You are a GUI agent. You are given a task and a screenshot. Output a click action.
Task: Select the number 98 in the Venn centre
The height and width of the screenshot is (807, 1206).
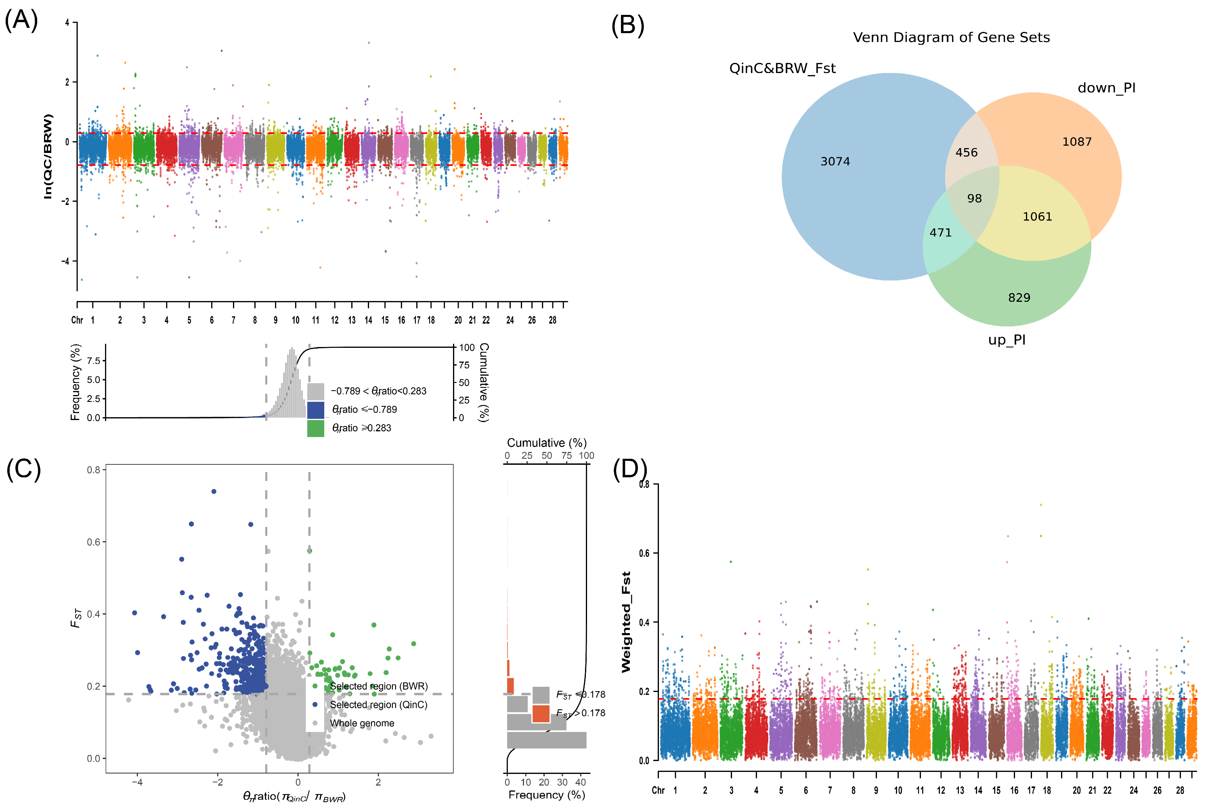coord(974,199)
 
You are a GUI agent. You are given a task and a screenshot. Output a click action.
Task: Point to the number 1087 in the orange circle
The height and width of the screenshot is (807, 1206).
coord(1076,142)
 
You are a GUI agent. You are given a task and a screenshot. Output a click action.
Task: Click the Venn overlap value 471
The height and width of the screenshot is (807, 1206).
coord(940,233)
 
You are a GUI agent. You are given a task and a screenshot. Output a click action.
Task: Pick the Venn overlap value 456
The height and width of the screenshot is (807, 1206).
coord(966,153)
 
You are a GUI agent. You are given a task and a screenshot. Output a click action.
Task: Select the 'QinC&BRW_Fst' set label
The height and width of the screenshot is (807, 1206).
coord(782,69)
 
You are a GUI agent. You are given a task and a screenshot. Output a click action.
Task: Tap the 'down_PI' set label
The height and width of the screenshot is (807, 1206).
coord(1106,88)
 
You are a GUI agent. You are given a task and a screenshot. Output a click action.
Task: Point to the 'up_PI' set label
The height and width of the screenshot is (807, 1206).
coord(1006,340)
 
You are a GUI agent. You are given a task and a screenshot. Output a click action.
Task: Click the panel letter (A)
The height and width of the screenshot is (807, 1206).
coord(21,20)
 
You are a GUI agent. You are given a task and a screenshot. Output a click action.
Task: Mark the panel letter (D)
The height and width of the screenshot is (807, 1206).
coord(629,469)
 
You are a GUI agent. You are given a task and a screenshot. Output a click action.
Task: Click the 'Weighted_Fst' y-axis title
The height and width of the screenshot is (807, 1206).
coord(626,622)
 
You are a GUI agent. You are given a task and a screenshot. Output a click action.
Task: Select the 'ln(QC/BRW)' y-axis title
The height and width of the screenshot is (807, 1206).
coord(48,157)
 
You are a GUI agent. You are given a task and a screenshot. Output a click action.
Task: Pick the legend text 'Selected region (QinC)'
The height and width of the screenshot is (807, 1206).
coord(378,705)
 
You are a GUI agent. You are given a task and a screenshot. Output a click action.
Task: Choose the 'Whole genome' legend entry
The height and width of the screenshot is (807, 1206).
coord(362,723)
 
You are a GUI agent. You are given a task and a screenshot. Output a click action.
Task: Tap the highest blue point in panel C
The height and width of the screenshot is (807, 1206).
coord(214,491)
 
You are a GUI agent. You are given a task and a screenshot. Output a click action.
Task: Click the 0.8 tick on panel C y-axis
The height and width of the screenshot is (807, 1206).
coord(93,470)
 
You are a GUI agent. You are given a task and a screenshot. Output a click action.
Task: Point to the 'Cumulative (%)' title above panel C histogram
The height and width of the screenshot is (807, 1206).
coord(546,443)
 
